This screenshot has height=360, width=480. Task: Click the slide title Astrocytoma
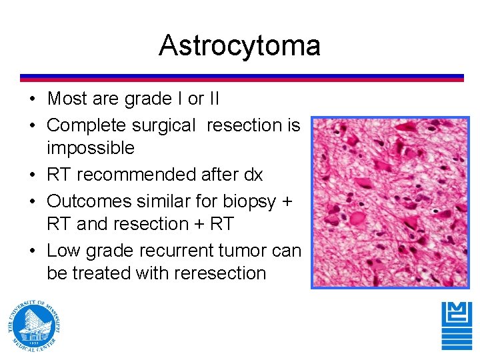point(239,45)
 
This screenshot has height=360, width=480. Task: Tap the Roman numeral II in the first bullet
point(213,99)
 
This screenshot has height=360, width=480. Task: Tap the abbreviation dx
point(254,175)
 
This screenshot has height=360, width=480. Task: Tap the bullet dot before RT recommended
point(33,175)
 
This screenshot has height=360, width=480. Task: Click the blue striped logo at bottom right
point(456,325)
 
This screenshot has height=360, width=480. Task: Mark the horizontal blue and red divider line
point(241,77)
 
